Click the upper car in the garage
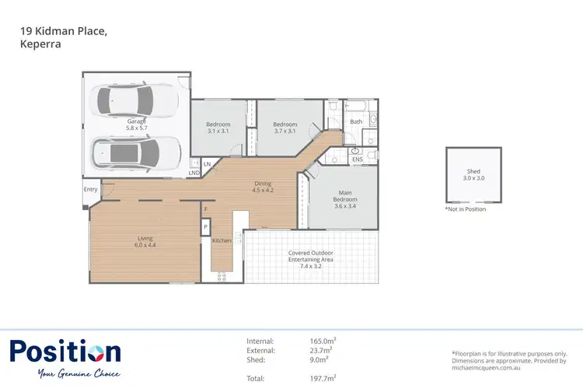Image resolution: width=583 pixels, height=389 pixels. point(135,100)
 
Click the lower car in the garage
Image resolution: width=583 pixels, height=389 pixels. point(137,152)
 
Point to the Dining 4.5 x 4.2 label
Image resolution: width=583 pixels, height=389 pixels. point(263,187)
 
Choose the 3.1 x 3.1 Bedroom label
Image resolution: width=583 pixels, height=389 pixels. point(218,128)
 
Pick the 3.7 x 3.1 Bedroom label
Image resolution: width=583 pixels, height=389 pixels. point(285,128)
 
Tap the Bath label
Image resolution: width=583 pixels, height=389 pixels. point(356,122)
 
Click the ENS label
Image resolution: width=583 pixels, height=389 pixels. point(358,159)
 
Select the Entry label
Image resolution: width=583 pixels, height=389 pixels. point(91,189)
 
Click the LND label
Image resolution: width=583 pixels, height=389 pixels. point(194,172)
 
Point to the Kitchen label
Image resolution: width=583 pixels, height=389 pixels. point(222,241)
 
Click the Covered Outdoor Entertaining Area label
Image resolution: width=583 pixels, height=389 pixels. point(310,258)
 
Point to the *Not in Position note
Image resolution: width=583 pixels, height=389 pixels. point(466,209)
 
